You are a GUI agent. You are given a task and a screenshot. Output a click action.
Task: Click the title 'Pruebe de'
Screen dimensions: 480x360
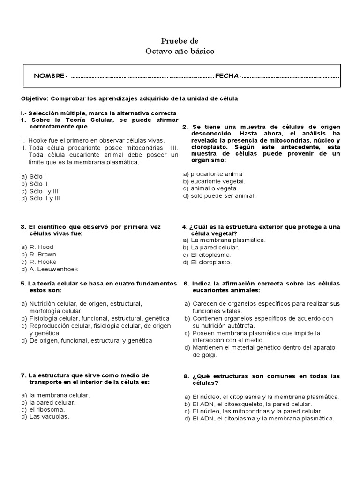pyautogui.click(x=180, y=41)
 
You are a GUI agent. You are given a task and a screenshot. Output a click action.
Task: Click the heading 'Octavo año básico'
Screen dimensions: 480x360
pyautogui.click(x=180, y=51)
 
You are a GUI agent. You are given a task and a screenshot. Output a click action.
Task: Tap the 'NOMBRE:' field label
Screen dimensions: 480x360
pyautogui.click(x=50, y=76)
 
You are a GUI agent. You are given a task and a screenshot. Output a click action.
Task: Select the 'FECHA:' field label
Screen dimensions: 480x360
pyautogui.click(x=228, y=76)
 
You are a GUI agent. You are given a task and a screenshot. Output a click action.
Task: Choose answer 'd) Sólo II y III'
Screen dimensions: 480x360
pyautogui.click(x=40, y=198)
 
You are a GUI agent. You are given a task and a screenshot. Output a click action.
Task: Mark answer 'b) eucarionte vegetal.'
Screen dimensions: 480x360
pyautogui.click(x=214, y=181)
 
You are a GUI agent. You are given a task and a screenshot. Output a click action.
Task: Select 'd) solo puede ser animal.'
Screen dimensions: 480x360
pyautogui.click(x=219, y=196)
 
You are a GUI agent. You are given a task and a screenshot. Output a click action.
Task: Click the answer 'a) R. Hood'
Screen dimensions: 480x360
pyautogui.click(x=37, y=247)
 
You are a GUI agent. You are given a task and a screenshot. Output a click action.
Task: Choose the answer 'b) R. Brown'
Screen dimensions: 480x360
pyautogui.click(x=39, y=255)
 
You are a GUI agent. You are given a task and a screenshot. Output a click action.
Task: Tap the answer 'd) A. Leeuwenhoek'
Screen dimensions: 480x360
pyautogui.click(x=49, y=270)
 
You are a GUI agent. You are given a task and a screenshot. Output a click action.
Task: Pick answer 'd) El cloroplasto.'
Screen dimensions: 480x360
pyautogui.click(x=208, y=262)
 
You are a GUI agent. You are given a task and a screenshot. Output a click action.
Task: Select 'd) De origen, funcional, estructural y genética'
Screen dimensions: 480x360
pyautogui.click(x=87, y=341)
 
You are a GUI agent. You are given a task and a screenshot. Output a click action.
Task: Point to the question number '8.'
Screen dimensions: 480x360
pyautogui.click(x=186, y=376)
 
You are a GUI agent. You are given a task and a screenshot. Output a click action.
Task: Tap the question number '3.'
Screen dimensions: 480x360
pyautogui.click(x=23, y=227)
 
